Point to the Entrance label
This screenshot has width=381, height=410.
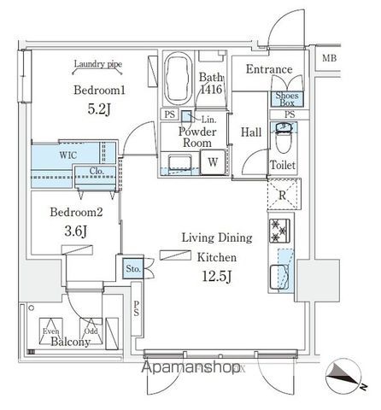click(x=269, y=70)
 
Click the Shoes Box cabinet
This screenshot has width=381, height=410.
click(x=284, y=98)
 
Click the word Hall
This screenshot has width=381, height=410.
click(x=251, y=132)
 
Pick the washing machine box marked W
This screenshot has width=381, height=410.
click(x=212, y=161)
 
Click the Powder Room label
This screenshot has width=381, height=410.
click(x=196, y=138)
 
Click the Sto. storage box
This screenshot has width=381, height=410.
click(x=132, y=268)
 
